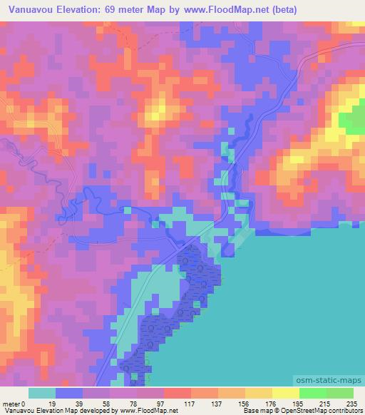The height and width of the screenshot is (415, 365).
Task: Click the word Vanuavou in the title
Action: (x=30, y=9)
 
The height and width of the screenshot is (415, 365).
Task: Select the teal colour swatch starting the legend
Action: (x=42, y=394)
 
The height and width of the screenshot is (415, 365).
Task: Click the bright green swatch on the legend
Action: (x=312, y=394)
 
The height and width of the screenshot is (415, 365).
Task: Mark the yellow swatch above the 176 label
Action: (x=257, y=394)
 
